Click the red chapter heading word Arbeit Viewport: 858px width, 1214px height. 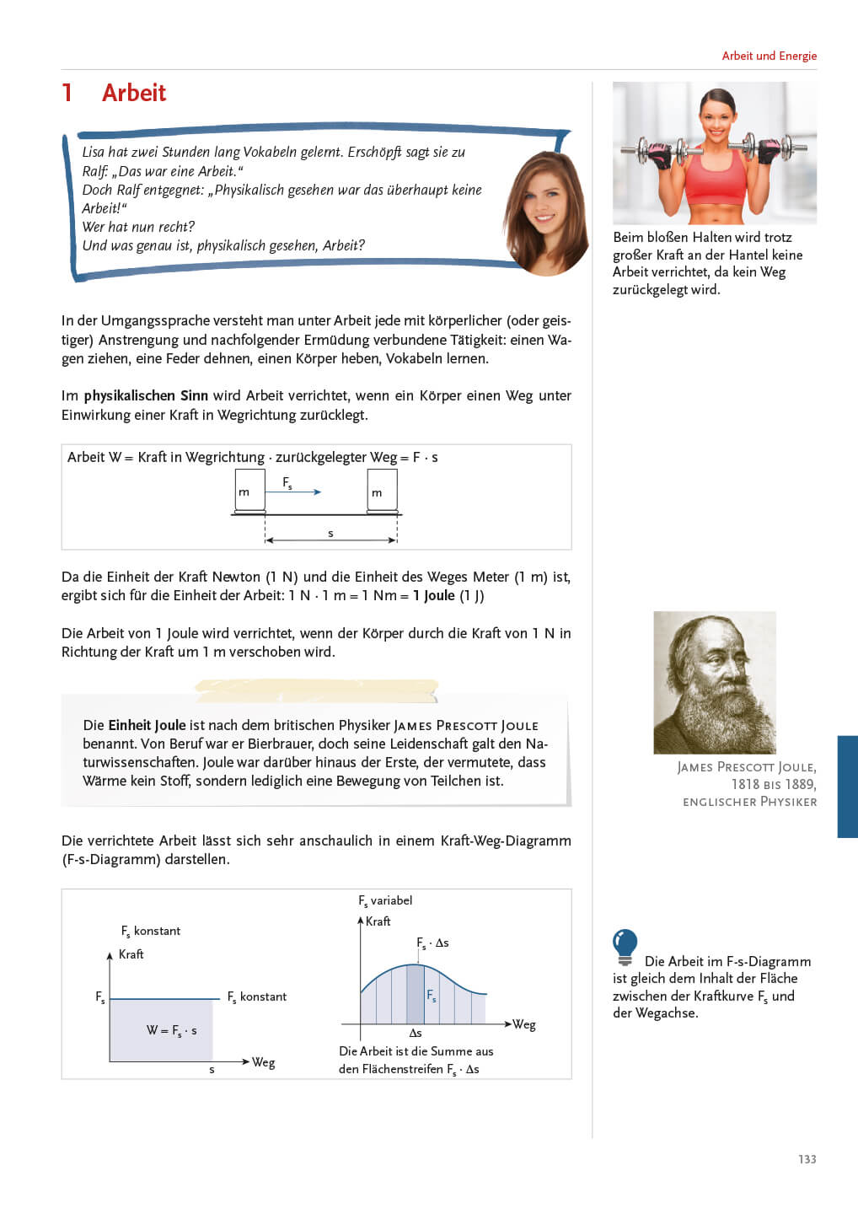click(x=133, y=93)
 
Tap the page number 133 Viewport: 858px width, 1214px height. click(x=807, y=1159)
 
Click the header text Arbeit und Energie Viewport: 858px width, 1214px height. click(x=769, y=56)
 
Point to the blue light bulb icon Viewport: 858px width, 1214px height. click(x=625, y=946)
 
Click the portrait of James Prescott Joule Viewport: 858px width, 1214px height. click(x=714, y=682)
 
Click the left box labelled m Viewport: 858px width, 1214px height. click(x=249, y=491)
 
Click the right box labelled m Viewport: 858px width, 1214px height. click(x=382, y=491)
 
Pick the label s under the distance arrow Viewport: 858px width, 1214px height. click(x=330, y=533)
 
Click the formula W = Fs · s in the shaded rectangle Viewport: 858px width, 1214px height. click(x=171, y=1030)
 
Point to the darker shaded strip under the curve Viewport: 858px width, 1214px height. click(x=416, y=995)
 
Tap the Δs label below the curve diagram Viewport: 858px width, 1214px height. click(x=416, y=1033)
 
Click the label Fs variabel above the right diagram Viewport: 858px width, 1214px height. click(x=385, y=900)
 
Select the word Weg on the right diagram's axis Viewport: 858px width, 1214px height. click(x=524, y=1024)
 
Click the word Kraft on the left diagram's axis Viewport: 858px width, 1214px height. click(x=131, y=954)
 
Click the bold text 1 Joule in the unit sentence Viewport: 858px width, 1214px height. click(x=434, y=595)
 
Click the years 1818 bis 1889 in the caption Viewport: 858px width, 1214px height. click(x=773, y=784)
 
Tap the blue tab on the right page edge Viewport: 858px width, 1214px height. click(x=847, y=786)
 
